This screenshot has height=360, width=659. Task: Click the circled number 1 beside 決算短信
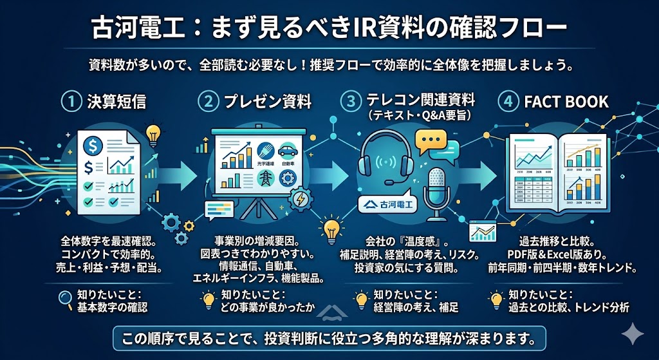tap(70, 102)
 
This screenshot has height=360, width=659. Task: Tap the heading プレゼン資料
tap(267, 102)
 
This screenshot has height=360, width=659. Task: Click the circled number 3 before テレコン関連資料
tap(350, 102)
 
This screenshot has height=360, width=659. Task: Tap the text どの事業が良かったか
tap(264, 307)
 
